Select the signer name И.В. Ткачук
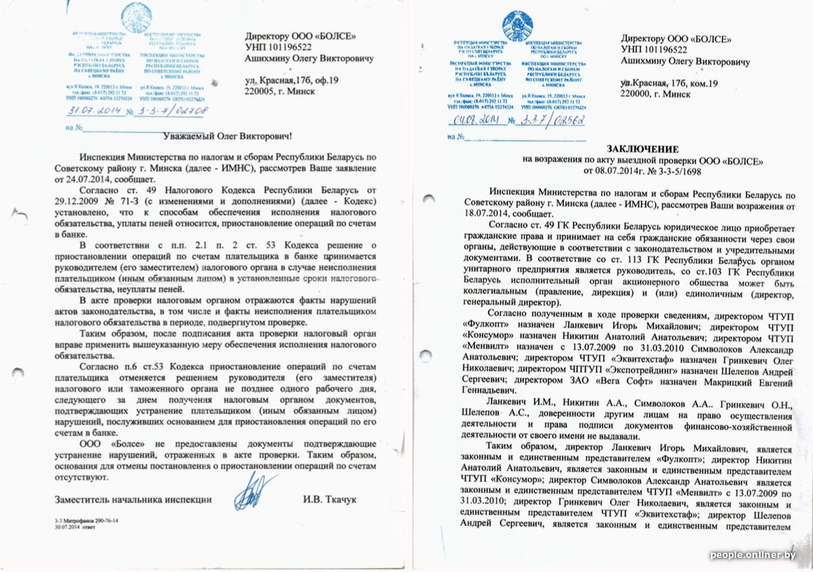(x=330, y=500)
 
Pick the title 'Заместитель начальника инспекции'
(x=128, y=500)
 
